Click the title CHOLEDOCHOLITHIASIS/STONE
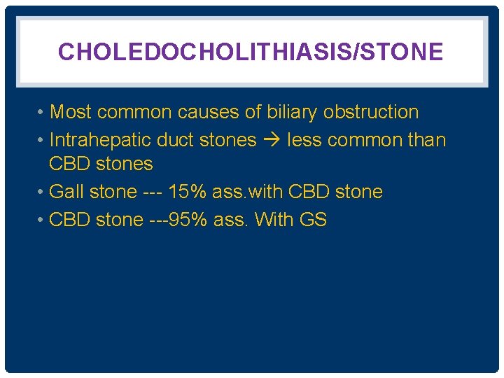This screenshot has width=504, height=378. (250, 52)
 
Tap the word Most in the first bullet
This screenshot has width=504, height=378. (71, 112)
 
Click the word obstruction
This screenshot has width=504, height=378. (371, 112)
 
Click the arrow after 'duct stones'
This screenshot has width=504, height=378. (272, 140)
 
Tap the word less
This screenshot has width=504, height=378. (304, 140)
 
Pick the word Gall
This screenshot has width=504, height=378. (66, 192)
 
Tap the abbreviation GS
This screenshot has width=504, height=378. (313, 220)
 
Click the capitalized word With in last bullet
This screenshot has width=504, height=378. (274, 220)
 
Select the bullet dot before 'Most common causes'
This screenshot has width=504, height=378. (43, 113)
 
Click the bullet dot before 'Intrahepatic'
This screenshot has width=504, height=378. (43, 141)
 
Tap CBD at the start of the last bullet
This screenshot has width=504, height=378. (69, 220)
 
